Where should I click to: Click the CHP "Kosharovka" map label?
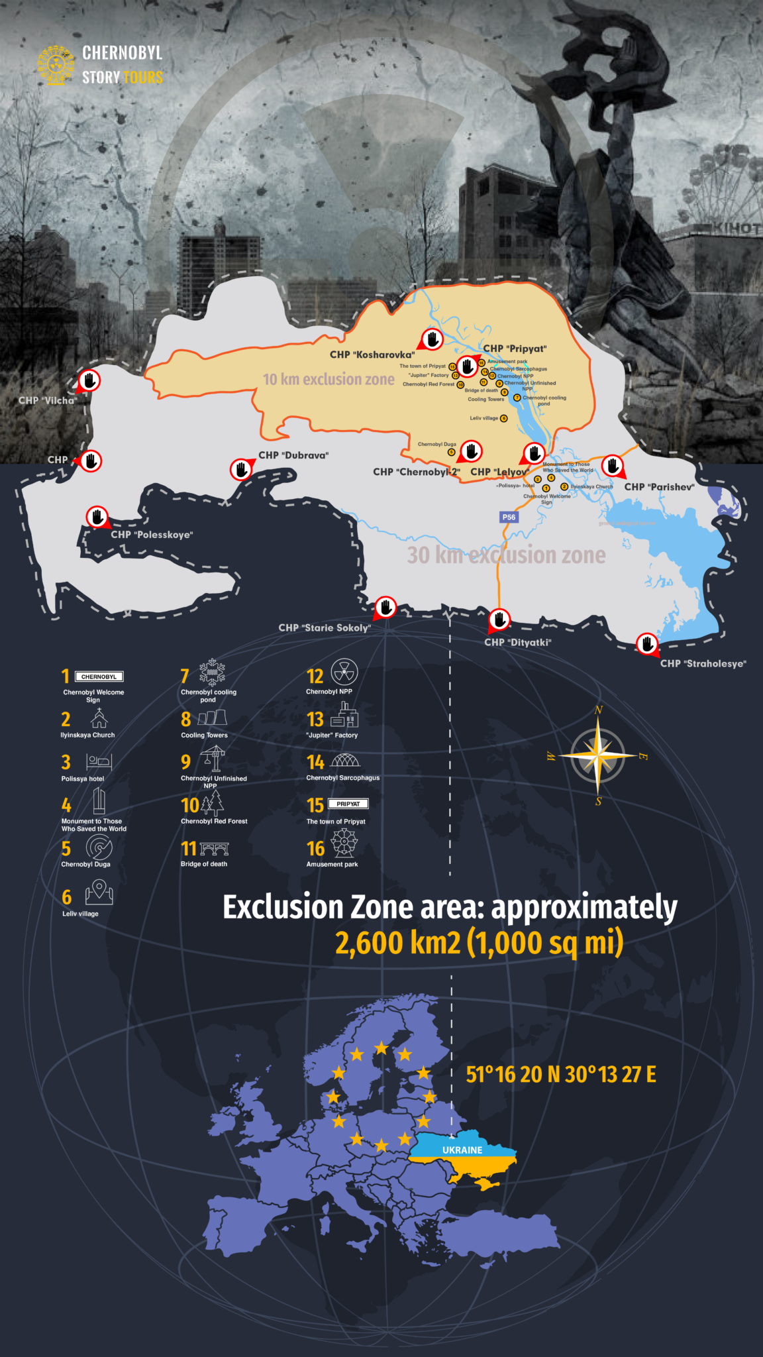point(372,354)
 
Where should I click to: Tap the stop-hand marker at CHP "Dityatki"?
point(499,620)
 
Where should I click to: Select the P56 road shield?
point(509,517)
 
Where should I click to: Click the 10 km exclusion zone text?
point(329,379)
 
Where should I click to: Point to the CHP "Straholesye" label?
point(703,663)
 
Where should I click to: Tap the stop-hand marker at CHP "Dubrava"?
point(241,469)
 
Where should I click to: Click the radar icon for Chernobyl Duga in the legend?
point(99,847)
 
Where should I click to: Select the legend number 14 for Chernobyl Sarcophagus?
point(315,762)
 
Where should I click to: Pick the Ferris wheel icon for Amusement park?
point(344,843)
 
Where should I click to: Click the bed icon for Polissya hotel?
point(99,761)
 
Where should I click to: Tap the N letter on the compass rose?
point(599,710)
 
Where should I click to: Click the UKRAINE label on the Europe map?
point(462,1150)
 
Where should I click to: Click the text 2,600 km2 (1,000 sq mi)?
point(479,943)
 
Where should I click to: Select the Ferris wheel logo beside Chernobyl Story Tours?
point(56,65)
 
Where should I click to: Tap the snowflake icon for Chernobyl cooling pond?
point(212,671)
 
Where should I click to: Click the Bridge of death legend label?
point(204,864)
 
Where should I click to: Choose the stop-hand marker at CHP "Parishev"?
point(613,465)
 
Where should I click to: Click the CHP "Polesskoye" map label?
point(152,535)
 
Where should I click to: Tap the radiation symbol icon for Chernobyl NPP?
point(344,672)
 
